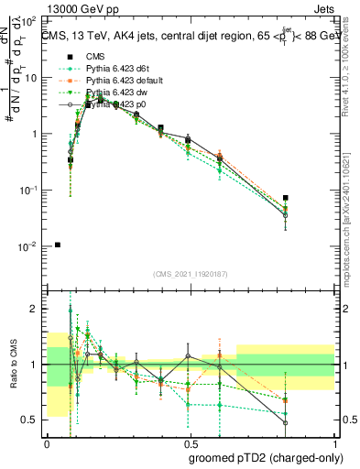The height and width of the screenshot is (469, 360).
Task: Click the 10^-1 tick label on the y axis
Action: pos(29,190)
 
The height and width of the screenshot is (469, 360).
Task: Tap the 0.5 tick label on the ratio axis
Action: pos(30,420)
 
